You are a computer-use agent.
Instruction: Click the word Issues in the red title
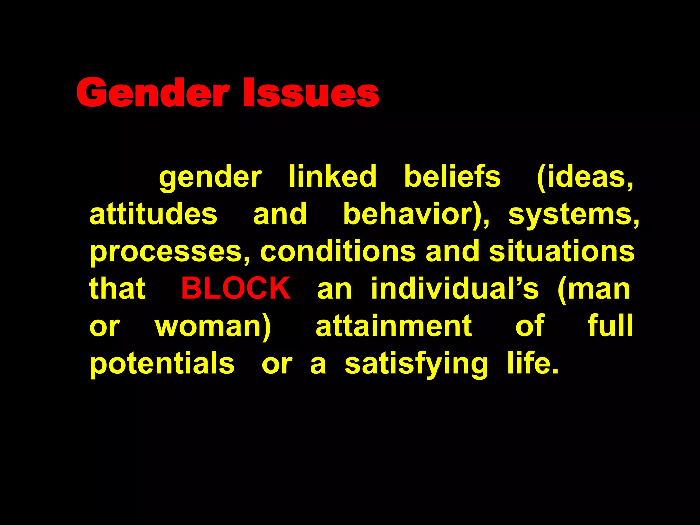click(x=311, y=93)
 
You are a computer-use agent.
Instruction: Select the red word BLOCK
click(x=236, y=288)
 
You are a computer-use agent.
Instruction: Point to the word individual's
click(x=455, y=288)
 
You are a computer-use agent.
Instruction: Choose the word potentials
click(x=162, y=364)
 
